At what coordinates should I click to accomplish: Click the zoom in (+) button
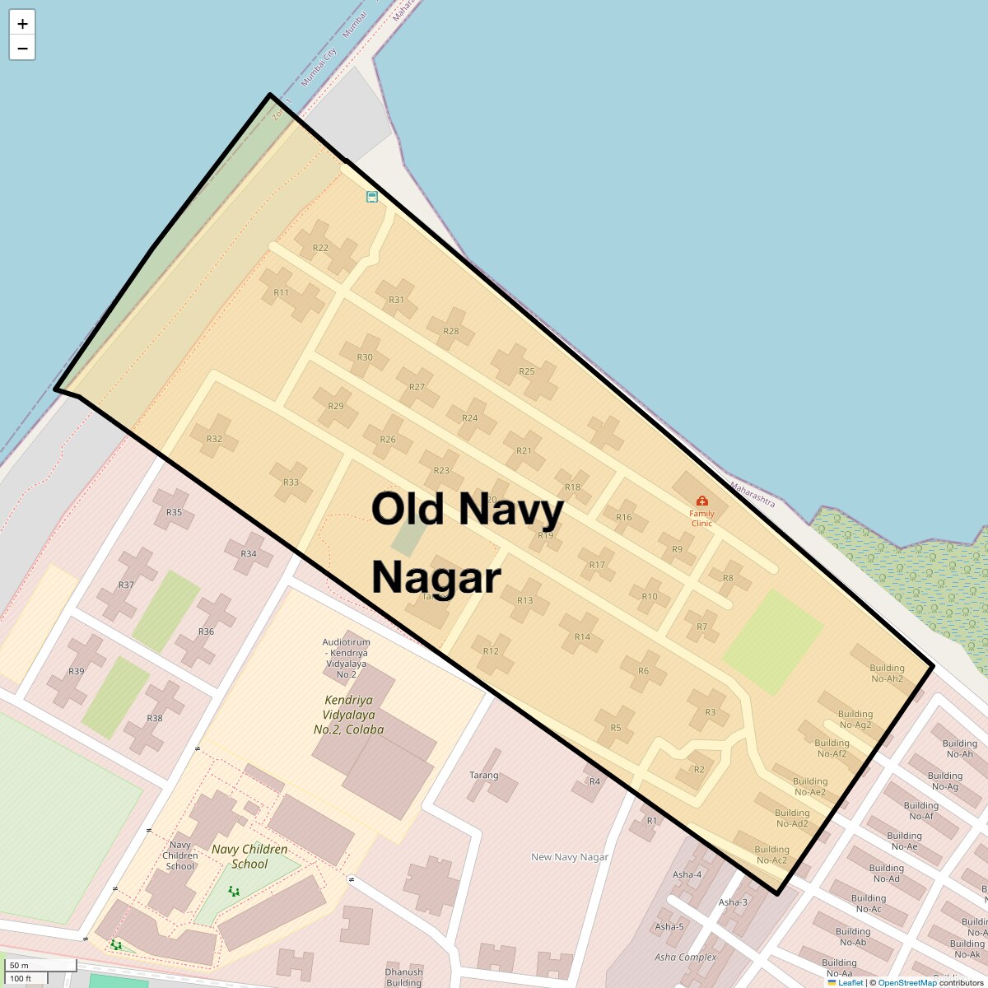[x=22, y=24]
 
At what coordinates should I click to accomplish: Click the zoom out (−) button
[x=22, y=49]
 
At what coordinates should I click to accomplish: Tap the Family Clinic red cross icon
[x=701, y=501]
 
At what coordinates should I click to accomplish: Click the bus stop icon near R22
[x=372, y=197]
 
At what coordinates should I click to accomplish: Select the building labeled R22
[x=321, y=248]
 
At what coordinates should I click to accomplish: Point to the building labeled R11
[x=282, y=293]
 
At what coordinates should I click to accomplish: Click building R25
[x=527, y=371]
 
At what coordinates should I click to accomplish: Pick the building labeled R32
[x=214, y=439]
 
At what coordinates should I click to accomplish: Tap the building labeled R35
[x=174, y=512]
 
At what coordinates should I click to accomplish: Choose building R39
[x=76, y=671]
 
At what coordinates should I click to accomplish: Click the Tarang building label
[x=484, y=776]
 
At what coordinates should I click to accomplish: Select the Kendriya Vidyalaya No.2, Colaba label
[x=348, y=715]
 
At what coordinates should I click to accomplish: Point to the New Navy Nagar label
[x=570, y=857]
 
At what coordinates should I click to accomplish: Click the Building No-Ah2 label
[x=887, y=673]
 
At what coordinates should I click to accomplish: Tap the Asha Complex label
[x=685, y=958]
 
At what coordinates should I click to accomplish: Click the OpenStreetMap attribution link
[x=906, y=982]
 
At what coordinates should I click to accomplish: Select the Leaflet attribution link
[x=851, y=982]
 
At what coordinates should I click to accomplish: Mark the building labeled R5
[x=616, y=728]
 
